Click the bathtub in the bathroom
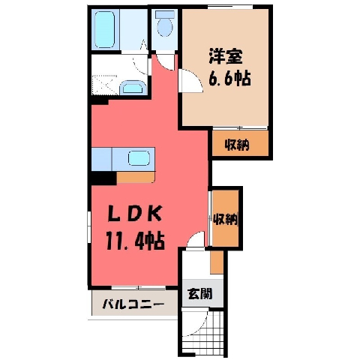[x=105, y=29]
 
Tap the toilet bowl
[x=165, y=27]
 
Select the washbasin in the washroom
[x=133, y=88]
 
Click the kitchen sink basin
[x=139, y=158]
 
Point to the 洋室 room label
[x=226, y=57]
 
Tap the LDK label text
[x=134, y=214]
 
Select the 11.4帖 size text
[x=135, y=241]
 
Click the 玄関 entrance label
[x=200, y=293]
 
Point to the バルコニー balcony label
[x=133, y=304]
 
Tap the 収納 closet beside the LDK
[x=225, y=218]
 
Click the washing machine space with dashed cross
[x=105, y=85]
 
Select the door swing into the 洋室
[x=190, y=81]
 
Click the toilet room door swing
[x=166, y=61]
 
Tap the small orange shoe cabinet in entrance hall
[x=217, y=262]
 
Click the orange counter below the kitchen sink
[x=136, y=178]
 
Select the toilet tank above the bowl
[x=165, y=13]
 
